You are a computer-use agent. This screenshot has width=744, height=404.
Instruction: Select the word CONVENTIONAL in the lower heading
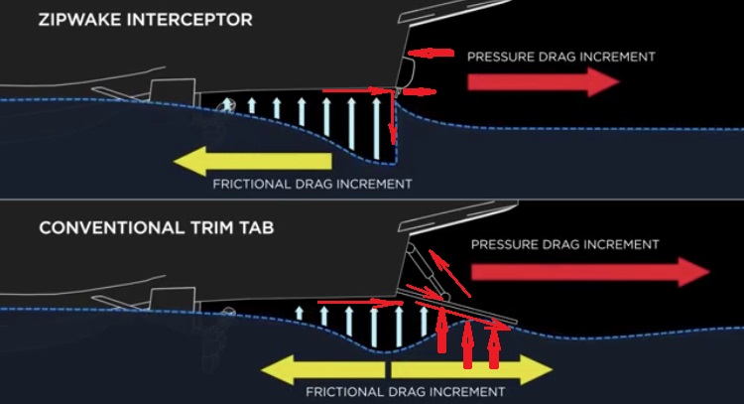click(x=104, y=227)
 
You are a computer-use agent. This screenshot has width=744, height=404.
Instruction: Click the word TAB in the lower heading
click(x=254, y=227)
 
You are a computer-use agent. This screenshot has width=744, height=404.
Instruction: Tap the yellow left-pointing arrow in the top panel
click(x=248, y=161)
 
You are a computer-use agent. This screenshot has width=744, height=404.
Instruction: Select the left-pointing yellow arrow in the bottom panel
click(x=322, y=369)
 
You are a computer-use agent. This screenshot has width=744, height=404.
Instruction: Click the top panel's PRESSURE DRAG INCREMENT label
click(x=560, y=57)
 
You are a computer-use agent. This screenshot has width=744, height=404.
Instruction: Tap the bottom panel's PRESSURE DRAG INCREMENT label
click(x=564, y=244)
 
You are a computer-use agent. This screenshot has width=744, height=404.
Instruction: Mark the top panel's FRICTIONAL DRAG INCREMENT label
click(x=311, y=185)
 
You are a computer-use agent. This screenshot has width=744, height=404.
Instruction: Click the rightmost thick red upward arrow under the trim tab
click(x=494, y=343)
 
